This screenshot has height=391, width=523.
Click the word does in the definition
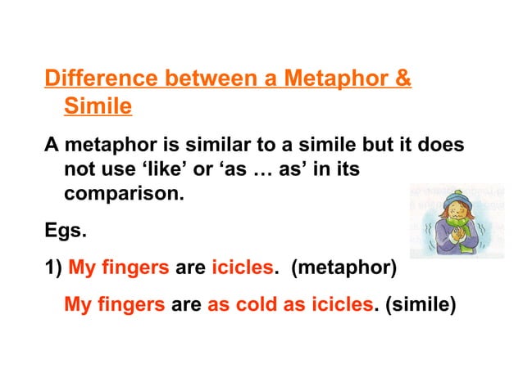click(x=443, y=145)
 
